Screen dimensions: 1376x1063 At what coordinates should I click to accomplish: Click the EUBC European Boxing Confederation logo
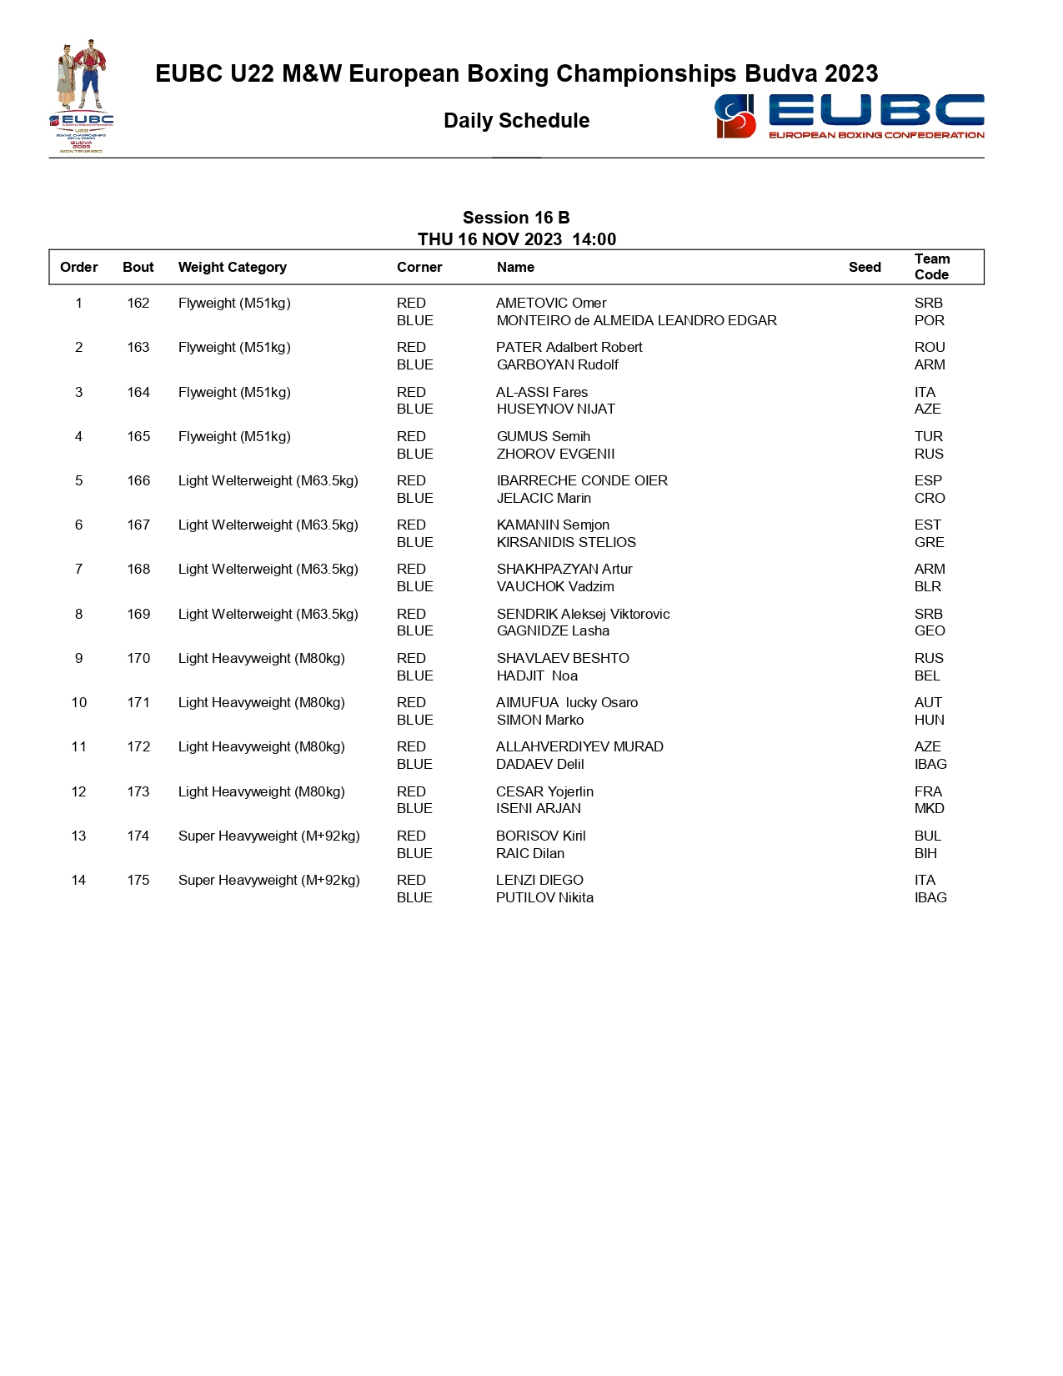tap(849, 116)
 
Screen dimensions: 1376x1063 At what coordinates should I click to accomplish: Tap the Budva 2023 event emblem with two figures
tap(82, 95)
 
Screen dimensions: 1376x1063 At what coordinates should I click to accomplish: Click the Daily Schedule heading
tap(516, 121)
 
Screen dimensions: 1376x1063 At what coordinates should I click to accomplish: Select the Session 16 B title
tap(516, 218)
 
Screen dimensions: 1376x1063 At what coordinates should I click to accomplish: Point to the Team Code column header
tap(931, 267)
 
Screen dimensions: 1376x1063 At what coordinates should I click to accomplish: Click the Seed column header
tap(865, 267)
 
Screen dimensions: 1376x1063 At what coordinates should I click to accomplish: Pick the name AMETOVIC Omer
tap(551, 303)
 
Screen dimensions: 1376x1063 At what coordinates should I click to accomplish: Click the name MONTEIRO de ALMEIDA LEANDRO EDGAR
tap(636, 320)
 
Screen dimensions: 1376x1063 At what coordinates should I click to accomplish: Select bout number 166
tap(138, 480)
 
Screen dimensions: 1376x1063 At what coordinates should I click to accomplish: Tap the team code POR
tap(929, 320)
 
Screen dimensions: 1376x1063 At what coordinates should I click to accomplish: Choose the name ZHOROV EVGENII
tap(555, 454)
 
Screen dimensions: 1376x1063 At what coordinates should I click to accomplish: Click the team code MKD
tap(929, 808)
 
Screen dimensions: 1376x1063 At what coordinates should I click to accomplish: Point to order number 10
tap(79, 702)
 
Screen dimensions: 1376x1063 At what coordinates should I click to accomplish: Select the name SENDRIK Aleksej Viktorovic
tap(583, 614)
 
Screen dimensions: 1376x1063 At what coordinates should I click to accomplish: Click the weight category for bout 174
tap(268, 836)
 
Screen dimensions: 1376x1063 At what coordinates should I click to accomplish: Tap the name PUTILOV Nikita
tap(544, 897)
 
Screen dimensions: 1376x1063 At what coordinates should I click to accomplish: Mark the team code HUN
tap(929, 720)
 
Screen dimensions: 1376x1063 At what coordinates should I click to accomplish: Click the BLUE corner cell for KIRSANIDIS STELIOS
tap(414, 542)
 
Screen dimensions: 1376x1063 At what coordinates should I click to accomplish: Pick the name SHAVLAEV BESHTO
tap(563, 658)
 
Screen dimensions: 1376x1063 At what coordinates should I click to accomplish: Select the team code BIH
tap(925, 853)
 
